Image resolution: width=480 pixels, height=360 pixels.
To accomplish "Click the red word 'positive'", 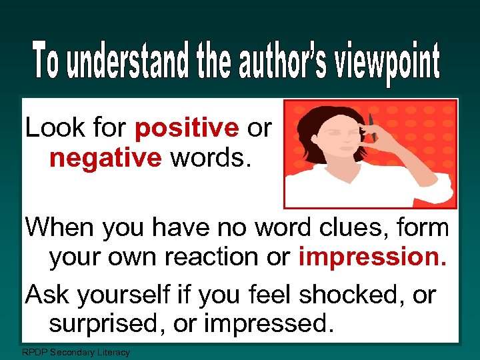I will point(187,127).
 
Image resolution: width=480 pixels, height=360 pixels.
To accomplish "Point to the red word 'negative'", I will point(105,158).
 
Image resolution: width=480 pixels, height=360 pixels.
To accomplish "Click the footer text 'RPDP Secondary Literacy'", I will point(76,352).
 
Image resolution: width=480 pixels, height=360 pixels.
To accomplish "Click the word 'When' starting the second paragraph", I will point(60,227).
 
